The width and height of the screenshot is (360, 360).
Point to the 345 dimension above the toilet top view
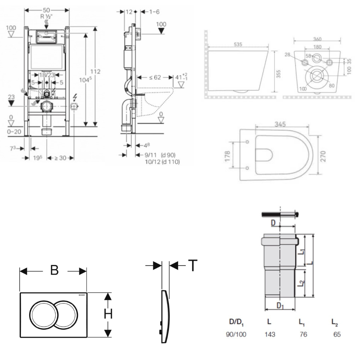tap(280, 125)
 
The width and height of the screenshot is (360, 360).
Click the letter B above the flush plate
tap(54, 270)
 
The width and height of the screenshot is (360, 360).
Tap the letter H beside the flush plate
tap(108, 314)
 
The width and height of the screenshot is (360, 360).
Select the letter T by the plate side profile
tap(193, 265)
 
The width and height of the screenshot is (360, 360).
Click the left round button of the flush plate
tap(44, 314)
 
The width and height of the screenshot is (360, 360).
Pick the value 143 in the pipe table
tap(270, 334)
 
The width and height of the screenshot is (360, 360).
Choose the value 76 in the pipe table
tap(303, 334)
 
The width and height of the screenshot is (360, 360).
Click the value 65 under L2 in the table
tap(337, 334)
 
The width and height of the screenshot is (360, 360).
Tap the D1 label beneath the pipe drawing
tap(280, 306)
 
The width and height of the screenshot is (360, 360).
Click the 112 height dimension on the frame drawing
tap(95, 71)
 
